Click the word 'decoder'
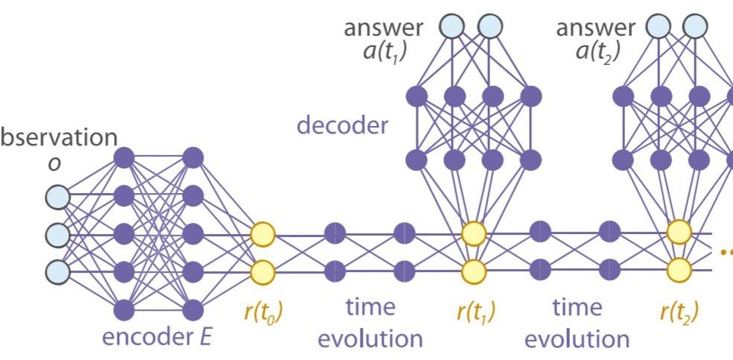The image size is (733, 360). [x=342, y=126]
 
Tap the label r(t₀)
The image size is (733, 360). [x=262, y=312]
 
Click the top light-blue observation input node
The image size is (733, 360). [x=57, y=197]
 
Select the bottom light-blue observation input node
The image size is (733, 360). [x=57, y=271]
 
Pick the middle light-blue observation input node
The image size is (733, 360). [x=57, y=234]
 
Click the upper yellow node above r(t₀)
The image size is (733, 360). [x=262, y=234]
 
